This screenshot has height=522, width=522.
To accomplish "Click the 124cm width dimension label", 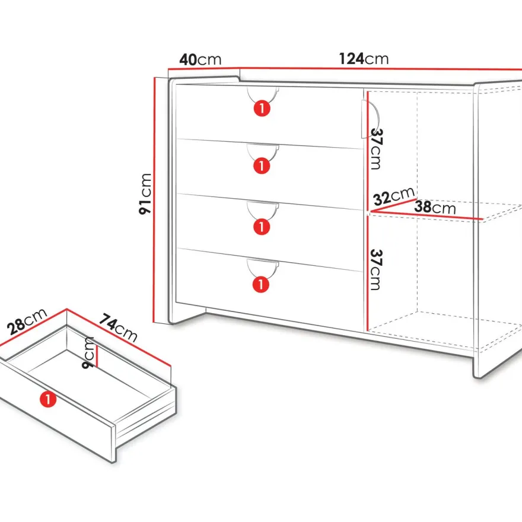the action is click(x=364, y=59).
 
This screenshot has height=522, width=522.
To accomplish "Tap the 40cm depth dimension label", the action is click(x=200, y=59).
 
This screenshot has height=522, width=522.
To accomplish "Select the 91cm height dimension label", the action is click(x=145, y=194).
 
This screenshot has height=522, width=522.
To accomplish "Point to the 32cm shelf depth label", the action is click(x=394, y=196).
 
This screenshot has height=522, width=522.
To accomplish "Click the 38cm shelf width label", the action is click(x=435, y=207).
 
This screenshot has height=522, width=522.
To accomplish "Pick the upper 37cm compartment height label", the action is click(x=375, y=149).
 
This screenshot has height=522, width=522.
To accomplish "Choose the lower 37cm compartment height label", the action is click(x=375, y=269).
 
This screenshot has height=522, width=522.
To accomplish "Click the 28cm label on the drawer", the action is click(x=27, y=322).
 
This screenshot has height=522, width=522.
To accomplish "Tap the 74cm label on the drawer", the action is click(x=118, y=327).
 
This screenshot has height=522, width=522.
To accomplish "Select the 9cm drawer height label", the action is click(x=88, y=352).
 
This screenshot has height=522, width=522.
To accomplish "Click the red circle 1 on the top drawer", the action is click(x=262, y=108).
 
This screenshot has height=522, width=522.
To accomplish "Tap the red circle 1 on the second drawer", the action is click(x=262, y=165).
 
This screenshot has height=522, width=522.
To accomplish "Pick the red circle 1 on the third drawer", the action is click(x=262, y=227).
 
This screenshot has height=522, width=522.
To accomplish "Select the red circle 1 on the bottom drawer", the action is click(x=261, y=284).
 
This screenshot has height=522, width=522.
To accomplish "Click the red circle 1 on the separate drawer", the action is click(x=48, y=399).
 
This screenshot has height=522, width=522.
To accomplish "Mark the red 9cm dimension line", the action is click(x=97, y=355).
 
